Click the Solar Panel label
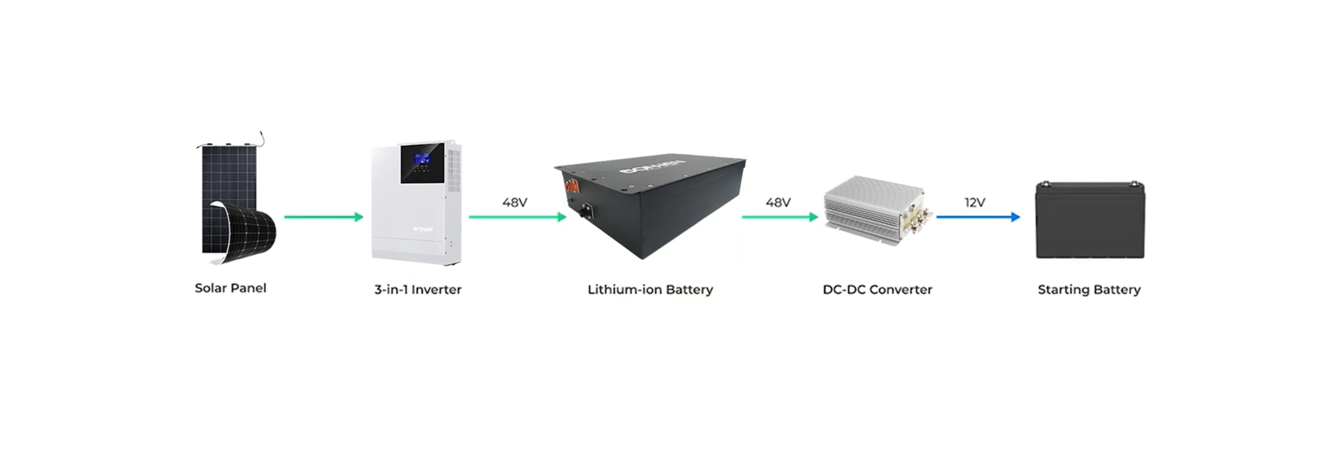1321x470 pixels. (230, 288)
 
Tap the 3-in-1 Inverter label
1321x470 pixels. (417, 290)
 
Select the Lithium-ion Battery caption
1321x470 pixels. (650, 290)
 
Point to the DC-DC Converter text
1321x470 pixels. (877, 290)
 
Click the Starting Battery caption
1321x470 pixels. (1089, 290)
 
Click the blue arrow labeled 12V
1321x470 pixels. (977, 217)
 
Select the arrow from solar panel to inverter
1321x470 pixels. (324, 217)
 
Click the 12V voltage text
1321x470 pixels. (974, 202)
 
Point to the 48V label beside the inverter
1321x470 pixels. (514, 202)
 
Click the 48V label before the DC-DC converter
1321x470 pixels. (778, 202)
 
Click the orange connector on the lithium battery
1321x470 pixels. (572, 185)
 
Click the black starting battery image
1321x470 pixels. (1090, 221)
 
